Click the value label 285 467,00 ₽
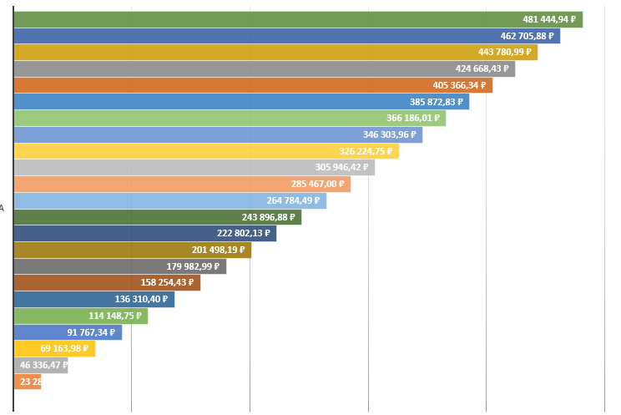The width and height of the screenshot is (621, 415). click(317, 184)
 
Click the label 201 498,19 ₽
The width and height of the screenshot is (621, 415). click(218, 250)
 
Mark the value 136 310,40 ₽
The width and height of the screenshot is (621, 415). click(141, 299)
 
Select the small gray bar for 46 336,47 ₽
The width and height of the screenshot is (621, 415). click(40, 365)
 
